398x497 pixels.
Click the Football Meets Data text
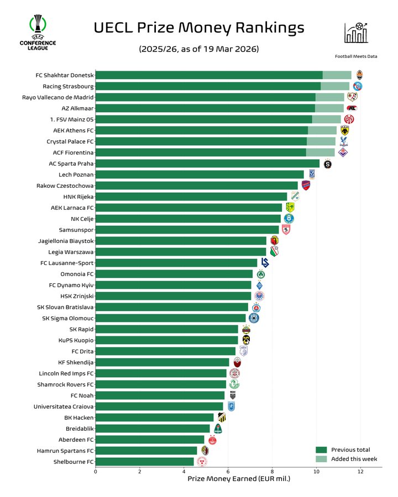tap(356, 56)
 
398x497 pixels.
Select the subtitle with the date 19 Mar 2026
tap(198, 49)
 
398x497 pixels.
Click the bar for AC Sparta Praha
tap(207, 163)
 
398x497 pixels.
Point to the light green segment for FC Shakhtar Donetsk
tap(337, 75)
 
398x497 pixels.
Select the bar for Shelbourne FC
tap(145, 462)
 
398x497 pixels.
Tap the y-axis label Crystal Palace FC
tap(70, 141)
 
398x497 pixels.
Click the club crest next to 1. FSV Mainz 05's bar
tap(349, 119)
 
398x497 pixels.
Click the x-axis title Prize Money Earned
tap(239, 478)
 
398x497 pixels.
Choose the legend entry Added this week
tap(354, 459)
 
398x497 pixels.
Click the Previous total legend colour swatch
tap(321, 450)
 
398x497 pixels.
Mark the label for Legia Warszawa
tap(72, 252)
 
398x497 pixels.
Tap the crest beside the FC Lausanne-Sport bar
tap(265, 263)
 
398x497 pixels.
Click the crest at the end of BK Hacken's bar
tap(222, 417)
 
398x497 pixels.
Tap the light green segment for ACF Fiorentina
tap(320, 152)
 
